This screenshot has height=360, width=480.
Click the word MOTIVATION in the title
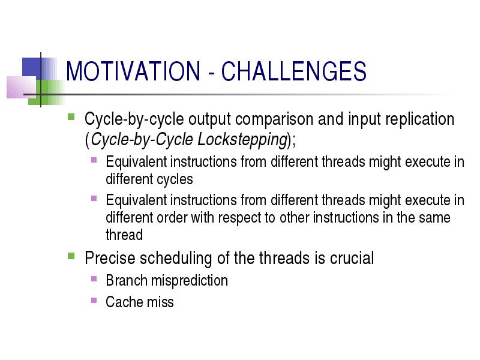tap(133, 71)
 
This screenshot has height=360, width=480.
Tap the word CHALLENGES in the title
tap(294, 71)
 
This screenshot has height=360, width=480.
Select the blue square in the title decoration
tap(32, 68)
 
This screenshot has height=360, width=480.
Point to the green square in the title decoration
tap(46, 92)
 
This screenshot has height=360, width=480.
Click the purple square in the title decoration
tap(22, 87)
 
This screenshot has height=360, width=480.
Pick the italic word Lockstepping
tap(242, 140)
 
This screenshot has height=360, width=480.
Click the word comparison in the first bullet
tap(274, 119)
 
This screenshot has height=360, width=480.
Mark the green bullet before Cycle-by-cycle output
tap(71, 117)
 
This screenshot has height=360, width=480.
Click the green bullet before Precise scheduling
tap(71, 256)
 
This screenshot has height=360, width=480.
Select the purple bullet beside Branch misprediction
tap(94, 279)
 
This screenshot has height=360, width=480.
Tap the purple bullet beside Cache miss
tap(94, 301)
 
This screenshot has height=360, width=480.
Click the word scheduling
tap(176, 259)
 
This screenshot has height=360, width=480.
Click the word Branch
tap(127, 280)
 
